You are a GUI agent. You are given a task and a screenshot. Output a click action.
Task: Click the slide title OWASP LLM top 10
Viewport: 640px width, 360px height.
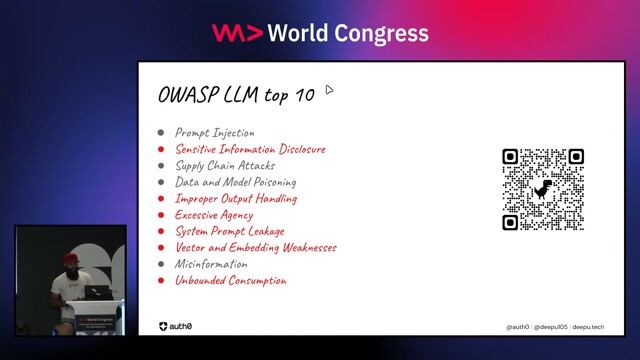pos(236,95)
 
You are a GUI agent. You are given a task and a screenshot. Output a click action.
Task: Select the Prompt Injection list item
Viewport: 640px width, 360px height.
pos(214,133)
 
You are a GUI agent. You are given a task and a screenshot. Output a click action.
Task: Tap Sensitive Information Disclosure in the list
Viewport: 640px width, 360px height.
pos(250,150)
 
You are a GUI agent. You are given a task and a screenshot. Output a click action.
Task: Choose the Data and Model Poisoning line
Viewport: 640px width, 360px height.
pos(235,183)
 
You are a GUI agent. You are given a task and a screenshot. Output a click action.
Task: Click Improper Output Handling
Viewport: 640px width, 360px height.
pos(236,199)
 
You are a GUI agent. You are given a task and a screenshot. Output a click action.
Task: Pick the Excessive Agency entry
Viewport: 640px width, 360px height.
pos(214,215)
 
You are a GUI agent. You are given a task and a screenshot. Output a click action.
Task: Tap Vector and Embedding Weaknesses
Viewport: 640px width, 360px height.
pos(255,248)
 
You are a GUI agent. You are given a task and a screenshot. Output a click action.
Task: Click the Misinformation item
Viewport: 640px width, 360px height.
pos(211,264)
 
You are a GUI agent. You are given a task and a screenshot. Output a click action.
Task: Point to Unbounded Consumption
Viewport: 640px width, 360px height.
pos(231,281)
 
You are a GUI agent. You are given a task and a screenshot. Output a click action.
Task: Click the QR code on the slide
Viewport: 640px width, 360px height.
pos(543,189)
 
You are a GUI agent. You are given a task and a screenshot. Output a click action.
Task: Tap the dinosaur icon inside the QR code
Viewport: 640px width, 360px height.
pos(543,189)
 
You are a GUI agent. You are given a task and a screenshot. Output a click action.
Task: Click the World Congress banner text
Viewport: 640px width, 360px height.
pos(347,33)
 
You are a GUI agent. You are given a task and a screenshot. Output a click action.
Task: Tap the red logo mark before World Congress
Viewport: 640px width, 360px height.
pos(237,33)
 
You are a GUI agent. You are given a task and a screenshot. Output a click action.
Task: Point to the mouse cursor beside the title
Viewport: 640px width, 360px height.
pos(329,90)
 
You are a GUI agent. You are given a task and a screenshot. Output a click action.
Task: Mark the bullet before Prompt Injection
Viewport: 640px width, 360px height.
pos(161,133)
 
